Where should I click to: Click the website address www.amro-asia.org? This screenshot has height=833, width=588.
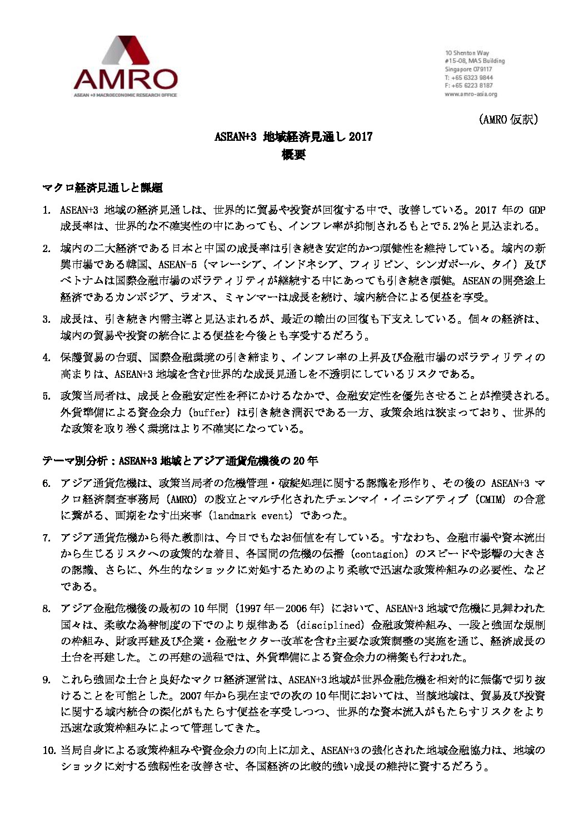471,95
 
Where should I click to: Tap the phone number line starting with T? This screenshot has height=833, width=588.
469,78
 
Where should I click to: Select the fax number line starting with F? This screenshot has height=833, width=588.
469,86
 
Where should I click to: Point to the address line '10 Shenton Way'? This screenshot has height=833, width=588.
467,53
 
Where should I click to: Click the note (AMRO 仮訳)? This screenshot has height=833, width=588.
509,120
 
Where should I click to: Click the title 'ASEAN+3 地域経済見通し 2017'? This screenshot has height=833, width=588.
293,137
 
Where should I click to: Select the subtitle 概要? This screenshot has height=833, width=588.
293,155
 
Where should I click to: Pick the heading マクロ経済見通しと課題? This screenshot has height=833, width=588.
103,188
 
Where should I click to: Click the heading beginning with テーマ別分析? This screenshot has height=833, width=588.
181,461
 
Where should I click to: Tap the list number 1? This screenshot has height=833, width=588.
46,210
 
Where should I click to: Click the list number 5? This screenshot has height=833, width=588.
46,396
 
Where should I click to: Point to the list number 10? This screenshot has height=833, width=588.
48,750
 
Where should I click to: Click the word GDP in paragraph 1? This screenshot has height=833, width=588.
536,210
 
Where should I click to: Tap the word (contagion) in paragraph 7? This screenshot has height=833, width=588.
380,554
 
